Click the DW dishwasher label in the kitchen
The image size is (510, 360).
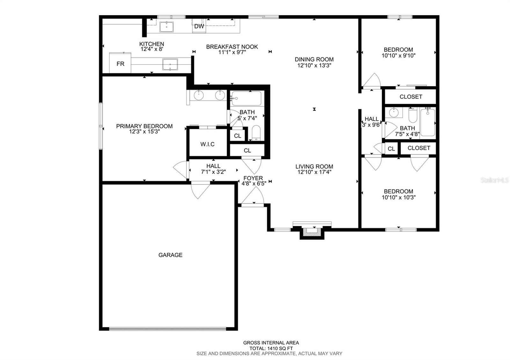tap(199, 26)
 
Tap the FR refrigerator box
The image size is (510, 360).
tap(120, 64)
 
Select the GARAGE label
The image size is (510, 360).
tap(171, 255)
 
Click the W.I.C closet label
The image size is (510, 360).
tap(208, 144)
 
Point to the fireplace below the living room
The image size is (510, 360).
tap(312, 232)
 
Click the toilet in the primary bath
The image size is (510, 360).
tap(256, 133)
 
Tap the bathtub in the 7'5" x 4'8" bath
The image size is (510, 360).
tap(427, 122)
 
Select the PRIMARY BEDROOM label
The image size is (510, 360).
tap(144, 126)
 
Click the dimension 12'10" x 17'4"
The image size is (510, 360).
tap(314, 172)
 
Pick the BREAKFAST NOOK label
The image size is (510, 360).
tap(232, 47)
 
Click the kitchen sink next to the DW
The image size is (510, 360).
tap(166, 27)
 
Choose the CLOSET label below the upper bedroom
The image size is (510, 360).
tap(411, 97)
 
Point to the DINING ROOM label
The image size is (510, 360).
tap(314, 59)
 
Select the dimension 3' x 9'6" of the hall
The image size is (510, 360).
tap(372, 125)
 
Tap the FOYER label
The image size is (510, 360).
tap(253, 178)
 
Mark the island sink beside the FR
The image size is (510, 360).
tap(170, 64)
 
